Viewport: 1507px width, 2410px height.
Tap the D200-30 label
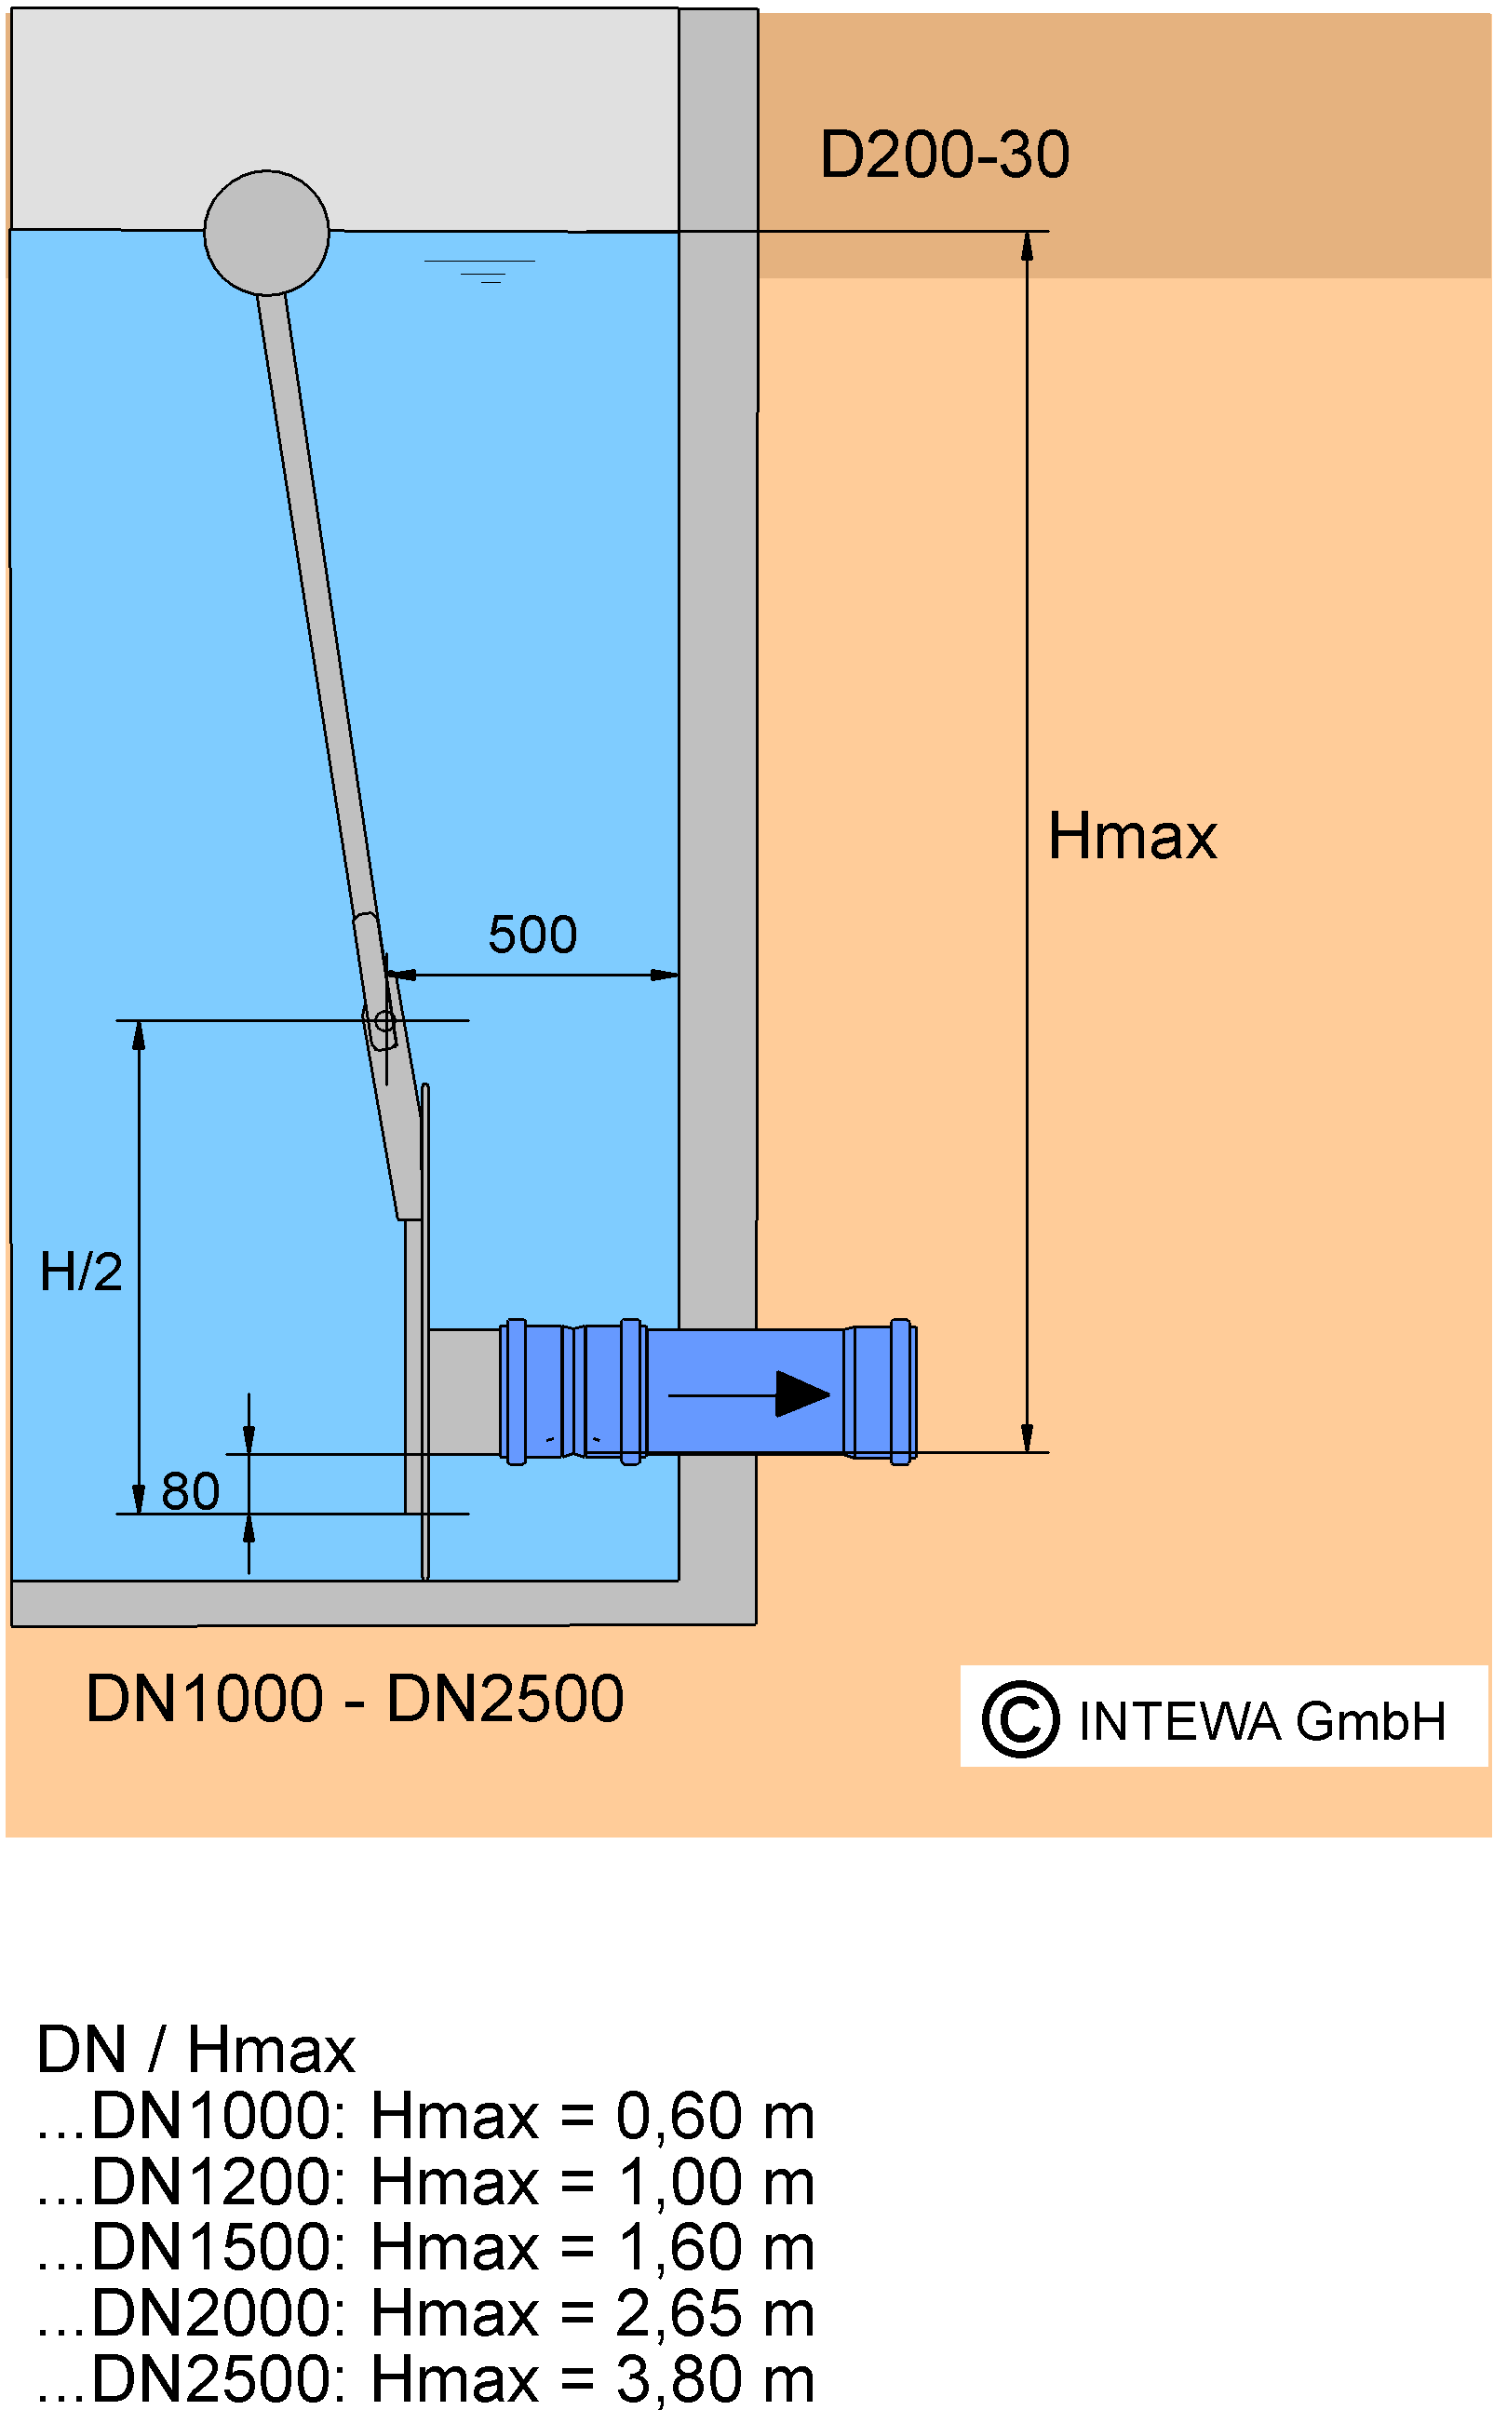944,155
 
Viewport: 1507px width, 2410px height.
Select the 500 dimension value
532,935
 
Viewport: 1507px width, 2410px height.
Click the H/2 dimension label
81,1272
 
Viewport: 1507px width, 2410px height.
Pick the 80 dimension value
191,1492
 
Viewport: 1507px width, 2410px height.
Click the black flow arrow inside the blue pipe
748,1394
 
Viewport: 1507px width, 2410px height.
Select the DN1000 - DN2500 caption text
355,1700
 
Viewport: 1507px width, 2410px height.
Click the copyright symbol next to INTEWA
1019,1719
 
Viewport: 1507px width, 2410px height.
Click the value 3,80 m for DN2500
715,2380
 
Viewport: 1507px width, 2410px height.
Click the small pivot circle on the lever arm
383,1021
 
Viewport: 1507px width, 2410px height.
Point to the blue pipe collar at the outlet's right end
901,1393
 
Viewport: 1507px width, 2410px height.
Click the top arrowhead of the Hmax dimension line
1027,245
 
